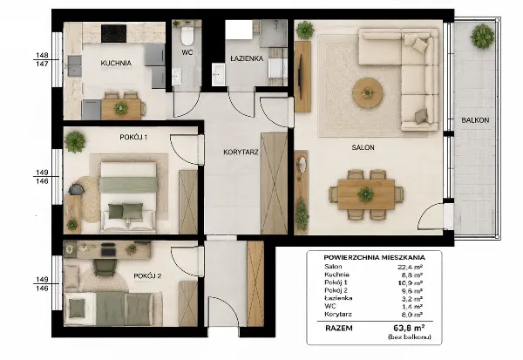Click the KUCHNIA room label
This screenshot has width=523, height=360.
[116, 63]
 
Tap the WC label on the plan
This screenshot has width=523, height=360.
[187, 52]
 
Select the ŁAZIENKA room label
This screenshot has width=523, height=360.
[247, 58]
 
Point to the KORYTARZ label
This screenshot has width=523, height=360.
[241, 153]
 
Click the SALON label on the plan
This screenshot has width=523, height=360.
[363, 147]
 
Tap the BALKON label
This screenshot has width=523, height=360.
[475, 120]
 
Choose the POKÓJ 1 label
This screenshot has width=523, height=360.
[133, 137]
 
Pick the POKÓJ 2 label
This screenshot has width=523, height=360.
[147, 276]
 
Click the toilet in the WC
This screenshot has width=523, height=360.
[187, 36]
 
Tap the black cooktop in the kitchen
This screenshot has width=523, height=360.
[113, 34]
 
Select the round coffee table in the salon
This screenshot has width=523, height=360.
[368, 92]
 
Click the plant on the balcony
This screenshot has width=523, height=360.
[482, 36]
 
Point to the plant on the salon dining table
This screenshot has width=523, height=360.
[366, 194]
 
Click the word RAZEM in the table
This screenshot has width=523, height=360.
[338, 328]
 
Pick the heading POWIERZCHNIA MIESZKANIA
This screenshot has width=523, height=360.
[374, 257]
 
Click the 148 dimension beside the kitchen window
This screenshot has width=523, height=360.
[42, 55]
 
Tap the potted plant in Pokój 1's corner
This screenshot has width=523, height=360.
[75, 142]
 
